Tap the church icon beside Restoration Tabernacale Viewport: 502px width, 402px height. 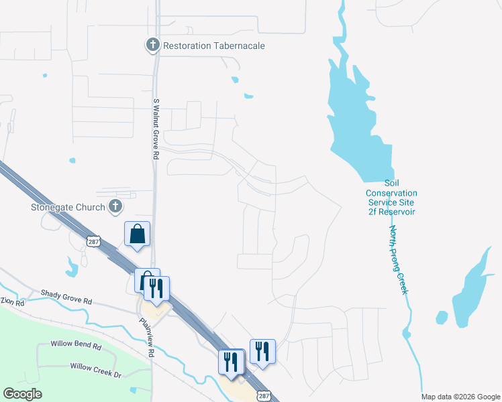(x=152, y=46)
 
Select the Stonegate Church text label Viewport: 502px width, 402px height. (x=68, y=207)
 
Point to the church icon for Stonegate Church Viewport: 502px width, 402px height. (x=115, y=206)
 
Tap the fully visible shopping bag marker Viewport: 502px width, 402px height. (x=137, y=234)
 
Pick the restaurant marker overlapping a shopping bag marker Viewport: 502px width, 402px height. (x=156, y=289)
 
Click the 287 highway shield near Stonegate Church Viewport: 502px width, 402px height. (x=93, y=241)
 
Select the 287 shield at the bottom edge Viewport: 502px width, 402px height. (x=262, y=396)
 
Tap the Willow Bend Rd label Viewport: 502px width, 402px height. (x=76, y=346)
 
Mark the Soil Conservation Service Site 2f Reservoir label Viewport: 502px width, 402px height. (x=391, y=197)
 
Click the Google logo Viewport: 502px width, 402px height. (x=22, y=394)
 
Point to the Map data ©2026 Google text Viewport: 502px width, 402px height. (x=460, y=397)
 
